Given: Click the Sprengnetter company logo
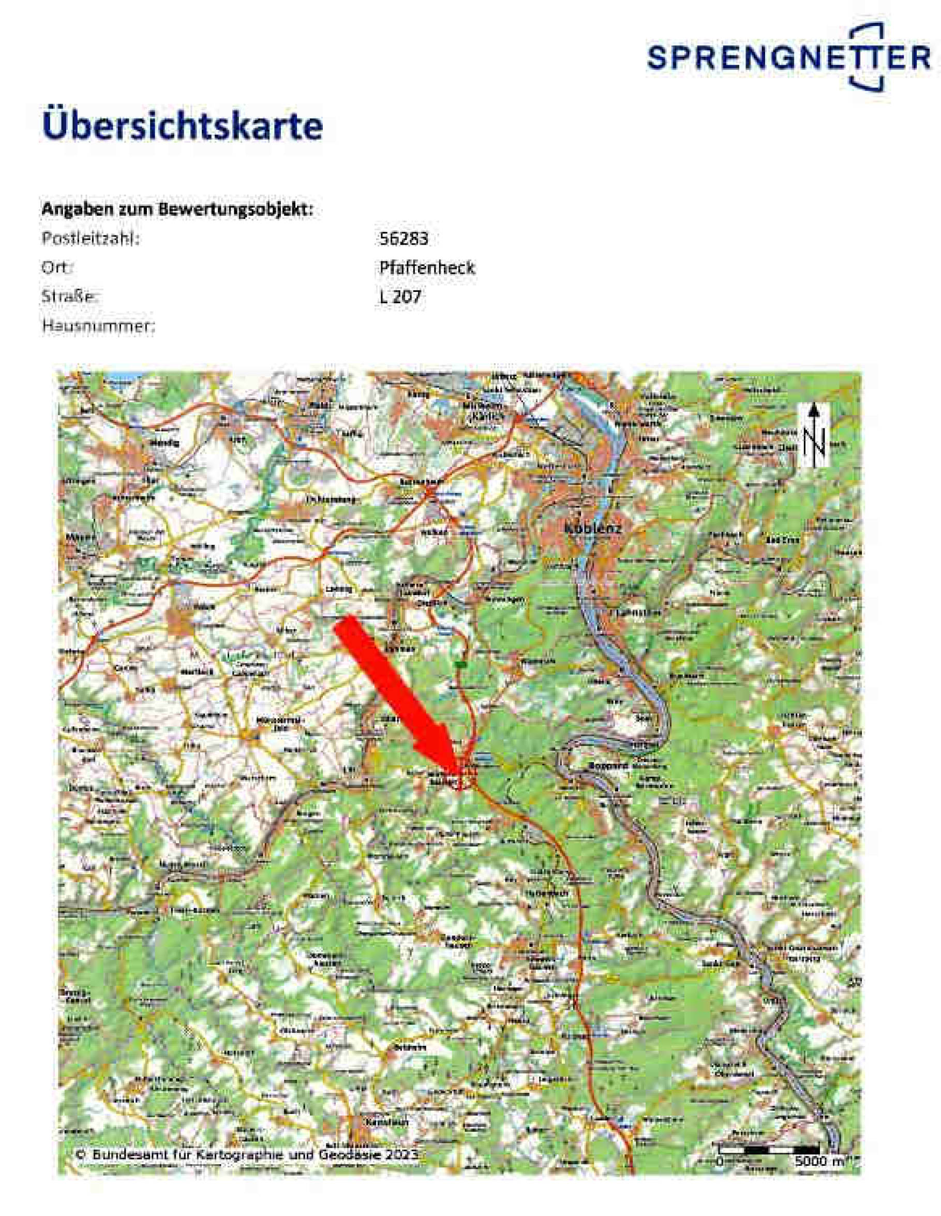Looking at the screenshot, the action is (x=788, y=56).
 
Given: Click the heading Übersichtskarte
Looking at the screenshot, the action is (x=182, y=126).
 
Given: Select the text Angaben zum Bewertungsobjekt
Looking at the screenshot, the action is (x=177, y=210).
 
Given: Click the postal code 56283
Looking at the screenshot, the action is (x=404, y=239).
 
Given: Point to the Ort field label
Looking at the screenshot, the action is (x=57, y=268).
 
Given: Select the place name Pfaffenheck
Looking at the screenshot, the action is (x=427, y=268).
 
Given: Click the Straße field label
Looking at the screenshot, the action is (x=70, y=297).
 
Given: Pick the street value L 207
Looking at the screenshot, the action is (x=399, y=297).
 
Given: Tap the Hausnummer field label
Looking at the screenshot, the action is (x=98, y=327).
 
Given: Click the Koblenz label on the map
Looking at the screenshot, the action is (x=593, y=528).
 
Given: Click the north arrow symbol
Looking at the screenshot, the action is (x=814, y=435).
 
